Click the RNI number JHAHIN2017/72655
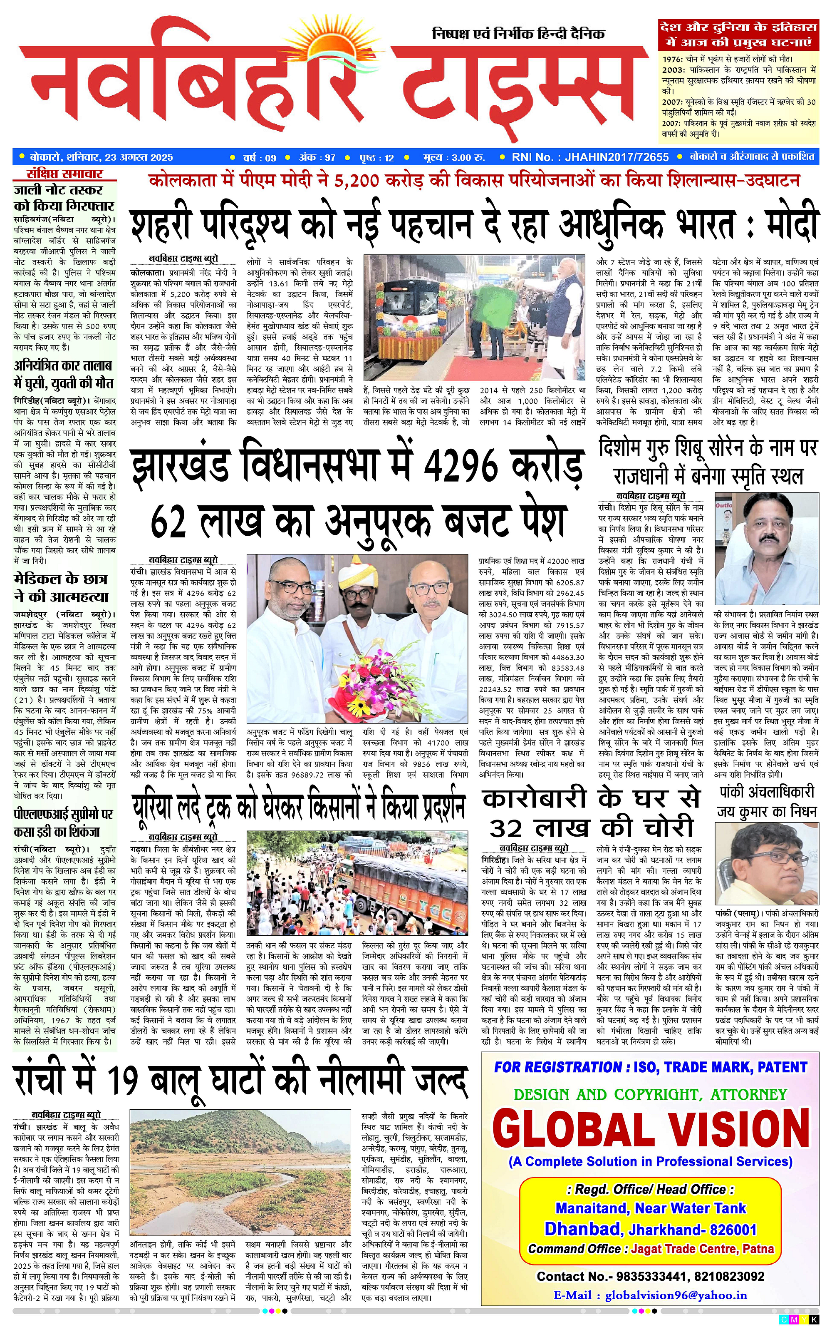[x=617, y=157]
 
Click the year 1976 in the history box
[x=671, y=59]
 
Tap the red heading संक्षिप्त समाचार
[x=65, y=174]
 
